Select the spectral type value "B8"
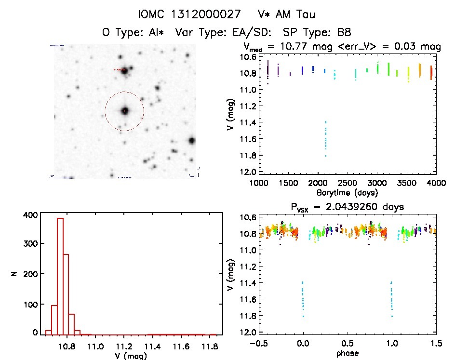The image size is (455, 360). click(x=344, y=33)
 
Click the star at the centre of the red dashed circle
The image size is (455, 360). click(x=125, y=111)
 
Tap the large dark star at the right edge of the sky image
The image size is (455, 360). click(x=192, y=141)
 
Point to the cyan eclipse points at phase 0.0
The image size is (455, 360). click(x=303, y=299)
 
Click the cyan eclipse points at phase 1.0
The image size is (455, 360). click(x=391, y=299)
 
